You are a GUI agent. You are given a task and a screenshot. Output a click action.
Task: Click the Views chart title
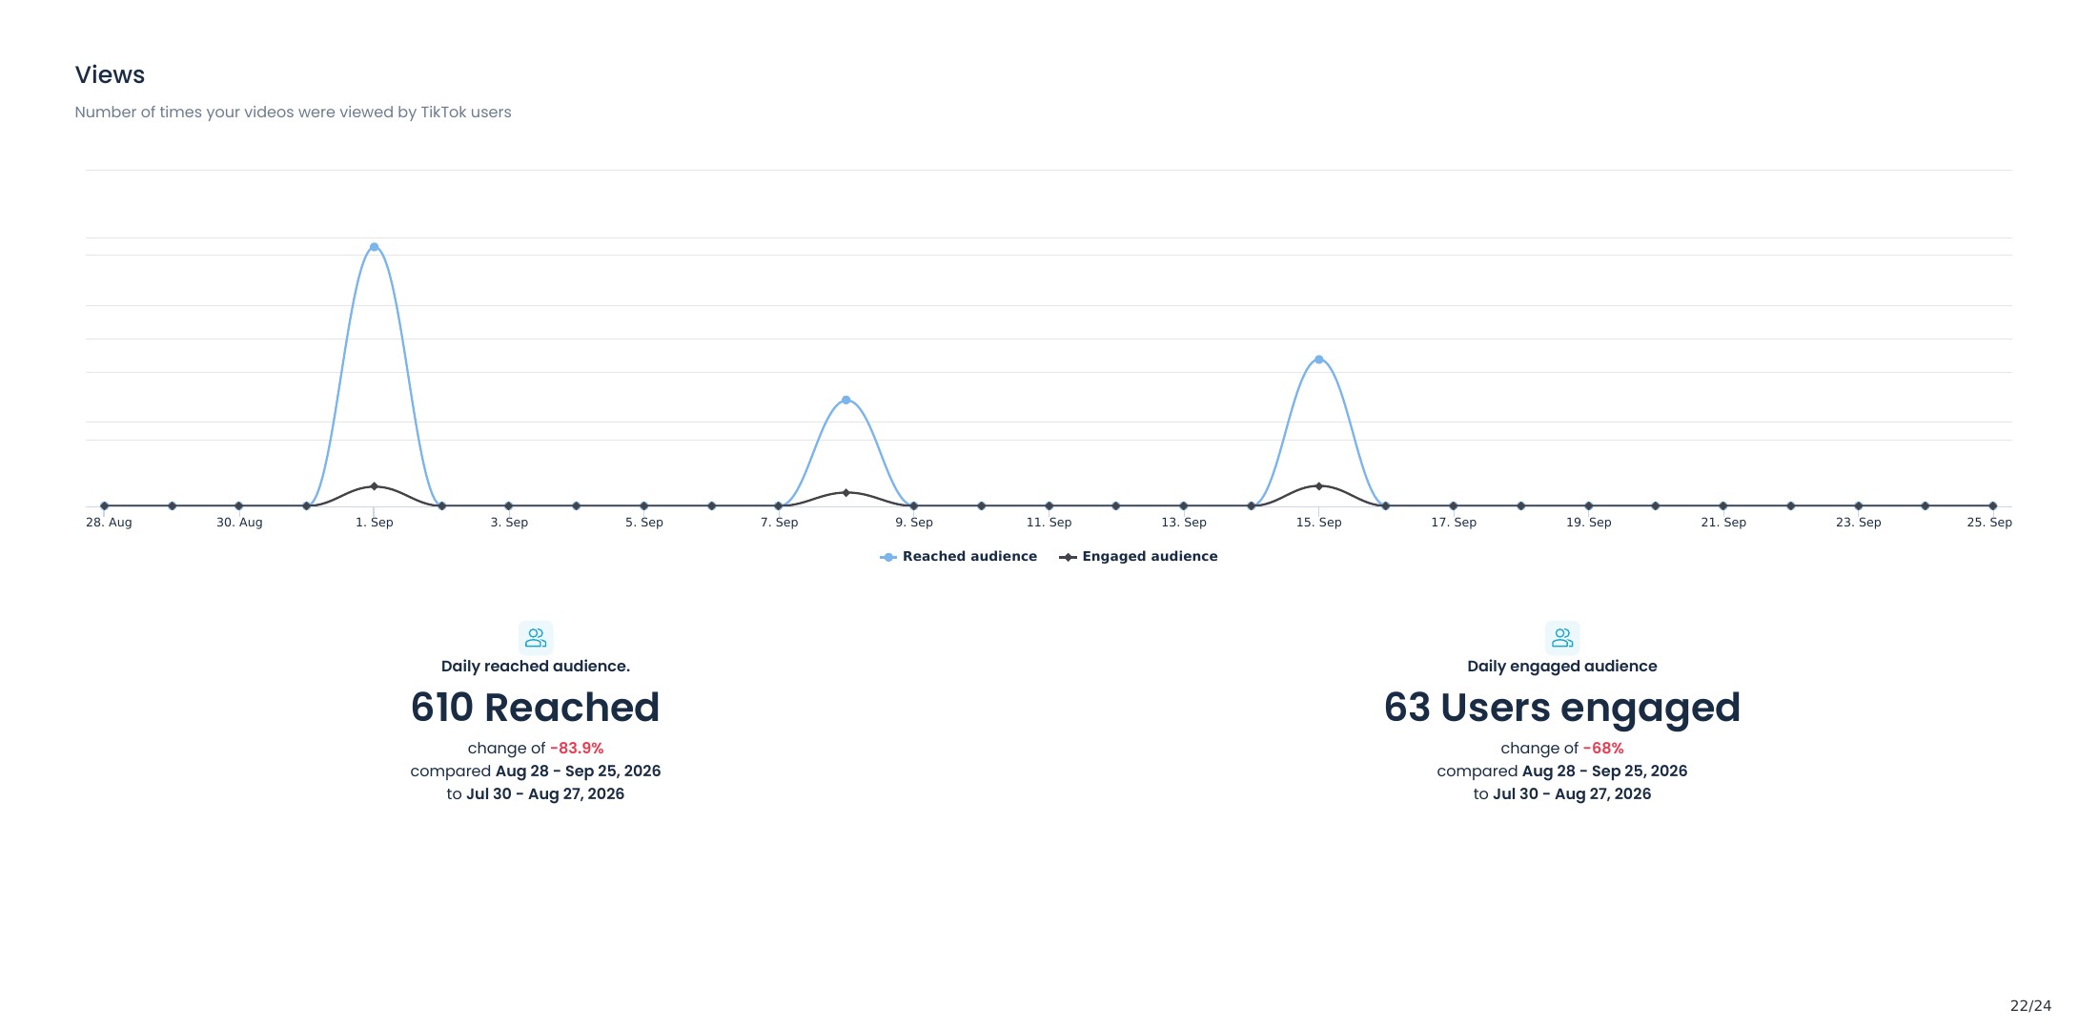(110, 74)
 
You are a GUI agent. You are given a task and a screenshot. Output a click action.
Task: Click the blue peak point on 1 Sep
(374, 247)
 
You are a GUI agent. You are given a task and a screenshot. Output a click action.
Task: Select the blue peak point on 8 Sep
(846, 401)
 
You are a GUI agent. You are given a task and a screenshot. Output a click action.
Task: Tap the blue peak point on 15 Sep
(1318, 360)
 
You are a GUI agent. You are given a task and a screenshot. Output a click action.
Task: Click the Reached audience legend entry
(958, 556)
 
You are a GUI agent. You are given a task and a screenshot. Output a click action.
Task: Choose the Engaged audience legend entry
(1138, 556)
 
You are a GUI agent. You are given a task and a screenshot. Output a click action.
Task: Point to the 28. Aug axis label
(109, 522)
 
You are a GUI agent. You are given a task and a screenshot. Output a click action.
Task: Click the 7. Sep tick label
(779, 522)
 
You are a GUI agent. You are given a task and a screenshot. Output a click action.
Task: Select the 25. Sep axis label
(1989, 522)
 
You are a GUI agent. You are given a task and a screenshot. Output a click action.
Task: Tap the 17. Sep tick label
(1454, 522)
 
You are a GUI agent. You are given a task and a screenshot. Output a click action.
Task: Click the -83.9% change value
(577, 748)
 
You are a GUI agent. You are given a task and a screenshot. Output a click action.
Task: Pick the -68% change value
(1603, 748)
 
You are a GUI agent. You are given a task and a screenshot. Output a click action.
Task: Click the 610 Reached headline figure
(535, 707)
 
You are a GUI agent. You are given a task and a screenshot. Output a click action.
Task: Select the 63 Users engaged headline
(1561, 708)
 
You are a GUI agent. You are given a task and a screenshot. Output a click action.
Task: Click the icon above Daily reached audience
(536, 637)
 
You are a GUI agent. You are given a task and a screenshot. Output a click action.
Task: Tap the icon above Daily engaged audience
(1562, 637)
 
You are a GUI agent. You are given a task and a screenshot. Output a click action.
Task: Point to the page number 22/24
(2030, 1005)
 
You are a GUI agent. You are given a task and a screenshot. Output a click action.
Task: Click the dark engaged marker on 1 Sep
(374, 486)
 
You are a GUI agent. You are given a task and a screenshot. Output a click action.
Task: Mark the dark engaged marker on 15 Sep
(1318, 486)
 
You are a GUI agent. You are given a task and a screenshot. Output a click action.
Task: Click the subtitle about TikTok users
(293, 112)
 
